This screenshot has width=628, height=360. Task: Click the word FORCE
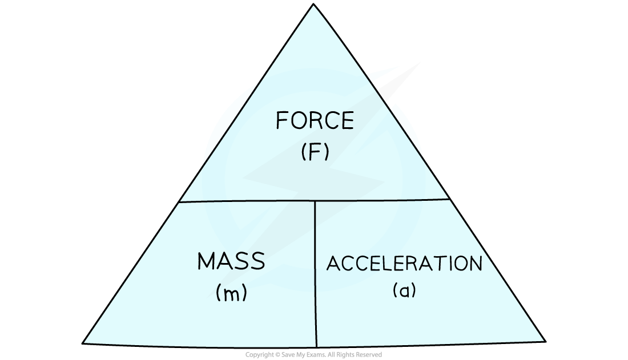pyautogui.click(x=315, y=121)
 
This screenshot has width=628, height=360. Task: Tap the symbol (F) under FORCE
pyautogui.click(x=315, y=153)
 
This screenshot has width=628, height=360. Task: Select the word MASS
pyautogui.click(x=231, y=261)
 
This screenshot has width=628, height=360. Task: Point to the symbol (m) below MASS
pyautogui.click(x=231, y=293)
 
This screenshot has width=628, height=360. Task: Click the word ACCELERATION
pyautogui.click(x=404, y=264)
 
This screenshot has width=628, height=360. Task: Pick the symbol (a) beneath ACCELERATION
pyautogui.click(x=404, y=290)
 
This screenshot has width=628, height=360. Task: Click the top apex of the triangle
pyautogui.click(x=313, y=7)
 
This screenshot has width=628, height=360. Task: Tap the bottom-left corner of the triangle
pyautogui.click(x=86, y=342)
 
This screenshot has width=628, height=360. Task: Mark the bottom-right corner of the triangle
pyautogui.click(x=542, y=341)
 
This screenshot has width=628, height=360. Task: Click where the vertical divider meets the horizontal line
pyautogui.click(x=315, y=201)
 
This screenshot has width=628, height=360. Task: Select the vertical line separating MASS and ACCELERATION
pyautogui.click(x=316, y=274)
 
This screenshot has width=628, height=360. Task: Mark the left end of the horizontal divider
pyautogui.click(x=180, y=201)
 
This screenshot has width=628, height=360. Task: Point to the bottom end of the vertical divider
pyautogui.click(x=316, y=346)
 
